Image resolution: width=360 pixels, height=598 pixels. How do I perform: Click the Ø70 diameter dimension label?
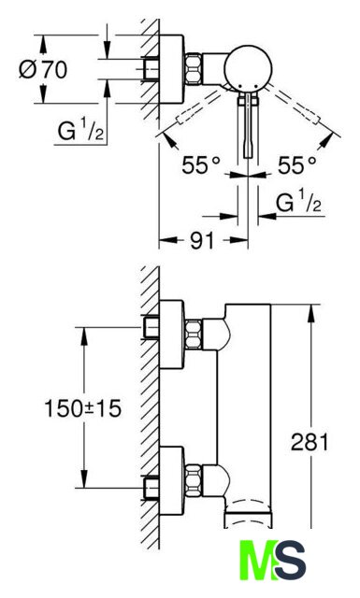(43, 69)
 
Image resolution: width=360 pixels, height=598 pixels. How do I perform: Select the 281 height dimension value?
(310, 442)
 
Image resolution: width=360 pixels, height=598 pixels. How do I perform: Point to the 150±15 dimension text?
(83, 407)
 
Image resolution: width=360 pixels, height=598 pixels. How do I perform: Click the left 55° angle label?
(201, 165)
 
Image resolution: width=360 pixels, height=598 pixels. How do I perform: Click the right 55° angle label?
(297, 165)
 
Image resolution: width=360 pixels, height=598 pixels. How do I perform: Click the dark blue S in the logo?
(289, 560)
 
